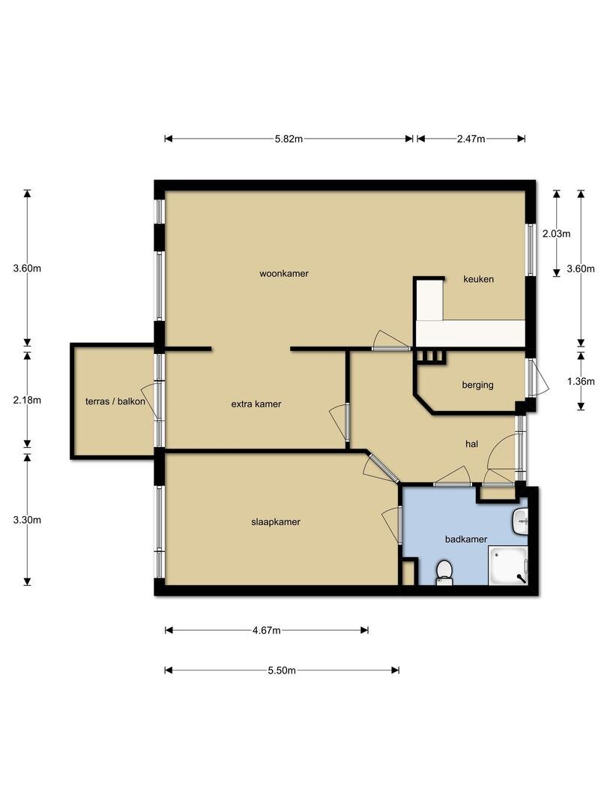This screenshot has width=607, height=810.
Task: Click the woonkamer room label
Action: tap(284, 273)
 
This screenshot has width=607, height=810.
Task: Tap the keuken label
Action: tap(478, 279)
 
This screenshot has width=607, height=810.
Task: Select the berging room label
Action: tap(477, 385)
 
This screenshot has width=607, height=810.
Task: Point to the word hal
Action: tap(471, 444)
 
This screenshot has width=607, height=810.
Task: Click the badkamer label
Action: tap(466, 539)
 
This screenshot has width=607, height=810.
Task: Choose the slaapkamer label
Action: tap(276, 522)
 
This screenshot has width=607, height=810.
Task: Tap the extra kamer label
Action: tap(256, 404)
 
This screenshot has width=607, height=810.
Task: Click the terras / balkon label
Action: tap(115, 401)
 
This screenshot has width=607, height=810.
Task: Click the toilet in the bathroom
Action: tap(444, 572)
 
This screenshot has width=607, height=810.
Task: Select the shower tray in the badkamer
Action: tap(508, 566)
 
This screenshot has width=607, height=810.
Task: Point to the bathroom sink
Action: tap(520, 522)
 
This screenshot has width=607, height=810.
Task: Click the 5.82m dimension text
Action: tap(289, 139)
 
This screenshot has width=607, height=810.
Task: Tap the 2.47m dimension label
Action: tap(471, 139)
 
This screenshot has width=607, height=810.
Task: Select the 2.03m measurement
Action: tap(556, 233)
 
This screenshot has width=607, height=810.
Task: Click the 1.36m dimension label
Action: tap(581, 382)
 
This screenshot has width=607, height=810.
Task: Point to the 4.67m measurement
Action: tap(266, 630)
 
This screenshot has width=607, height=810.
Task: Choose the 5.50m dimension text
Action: tap(282, 670)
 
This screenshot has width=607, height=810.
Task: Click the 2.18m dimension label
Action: tap(28, 400)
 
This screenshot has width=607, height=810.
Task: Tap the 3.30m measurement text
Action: tap(28, 520)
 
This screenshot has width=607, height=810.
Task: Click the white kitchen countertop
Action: tap(470, 333)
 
